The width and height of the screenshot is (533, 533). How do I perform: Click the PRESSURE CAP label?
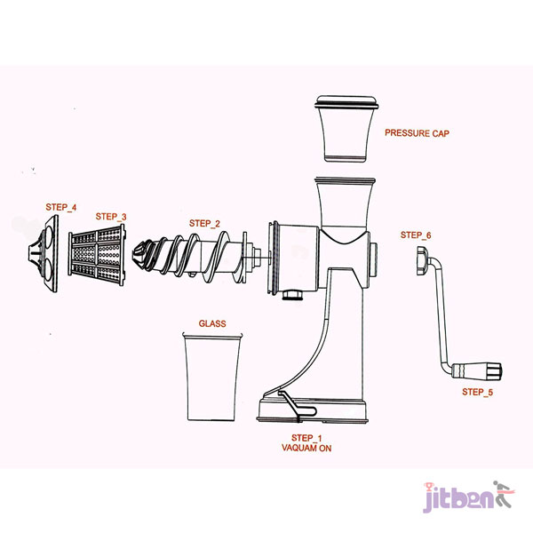pyautogui.click(x=417, y=133)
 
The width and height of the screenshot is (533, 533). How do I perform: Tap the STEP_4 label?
pyautogui.click(x=61, y=207)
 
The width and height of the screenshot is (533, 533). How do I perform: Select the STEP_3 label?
pyautogui.click(x=111, y=217)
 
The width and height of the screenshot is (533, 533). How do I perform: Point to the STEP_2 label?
pyautogui.click(x=204, y=223)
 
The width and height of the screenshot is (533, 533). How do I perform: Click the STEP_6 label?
pyautogui.click(x=416, y=235)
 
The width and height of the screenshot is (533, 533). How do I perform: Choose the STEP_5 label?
pyautogui.click(x=477, y=392)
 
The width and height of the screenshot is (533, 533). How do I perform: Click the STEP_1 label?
pyautogui.click(x=306, y=438)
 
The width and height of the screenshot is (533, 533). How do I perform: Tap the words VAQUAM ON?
pyautogui.click(x=306, y=448)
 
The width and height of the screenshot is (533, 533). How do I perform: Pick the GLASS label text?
pyautogui.click(x=212, y=323)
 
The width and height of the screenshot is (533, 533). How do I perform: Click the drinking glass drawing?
pyautogui.click(x=212, y=377)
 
